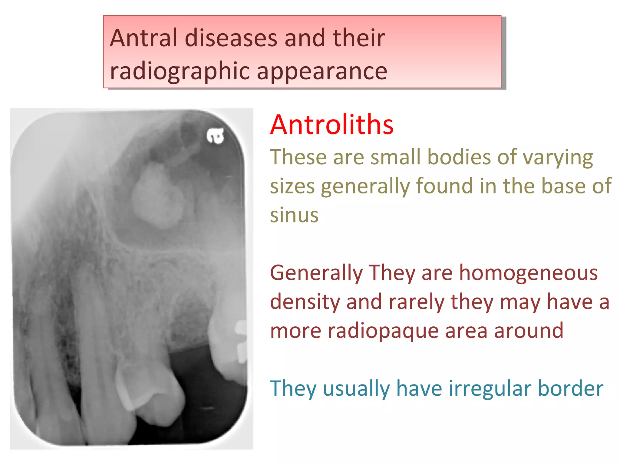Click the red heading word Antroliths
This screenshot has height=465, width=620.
[x=331, y=125]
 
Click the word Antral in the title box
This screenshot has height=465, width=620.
[x=143, y=38]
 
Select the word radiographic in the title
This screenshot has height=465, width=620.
[x=180, y=71]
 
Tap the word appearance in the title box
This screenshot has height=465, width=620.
[x=322, y=71]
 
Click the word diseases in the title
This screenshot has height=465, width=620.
[x=231, y=38]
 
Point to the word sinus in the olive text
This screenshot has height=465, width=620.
[x=294, y=215]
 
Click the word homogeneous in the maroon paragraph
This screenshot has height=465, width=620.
[x=528, y=273]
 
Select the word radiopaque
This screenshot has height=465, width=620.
[x=383, y=331]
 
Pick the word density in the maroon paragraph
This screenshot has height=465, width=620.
[x=305, y=302]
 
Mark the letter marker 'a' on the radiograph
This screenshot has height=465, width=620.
[x=216, y=135]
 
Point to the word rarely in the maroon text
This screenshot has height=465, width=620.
[x=417, y=302]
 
